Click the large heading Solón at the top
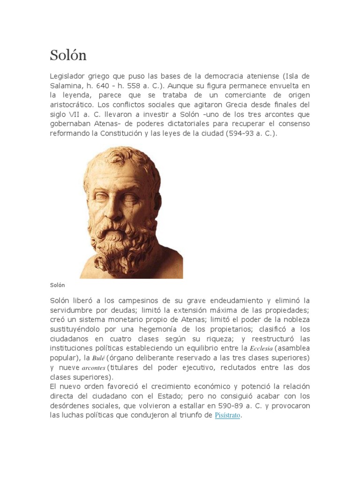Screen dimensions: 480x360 pyautogui.click(x=68, y=55)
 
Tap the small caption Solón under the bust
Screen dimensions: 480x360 pyautogui.click(x=57, y=285)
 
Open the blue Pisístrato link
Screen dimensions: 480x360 pyautogui.click(x=227, y=415)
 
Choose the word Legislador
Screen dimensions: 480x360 pyautogui.click(x=68, y=76)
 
